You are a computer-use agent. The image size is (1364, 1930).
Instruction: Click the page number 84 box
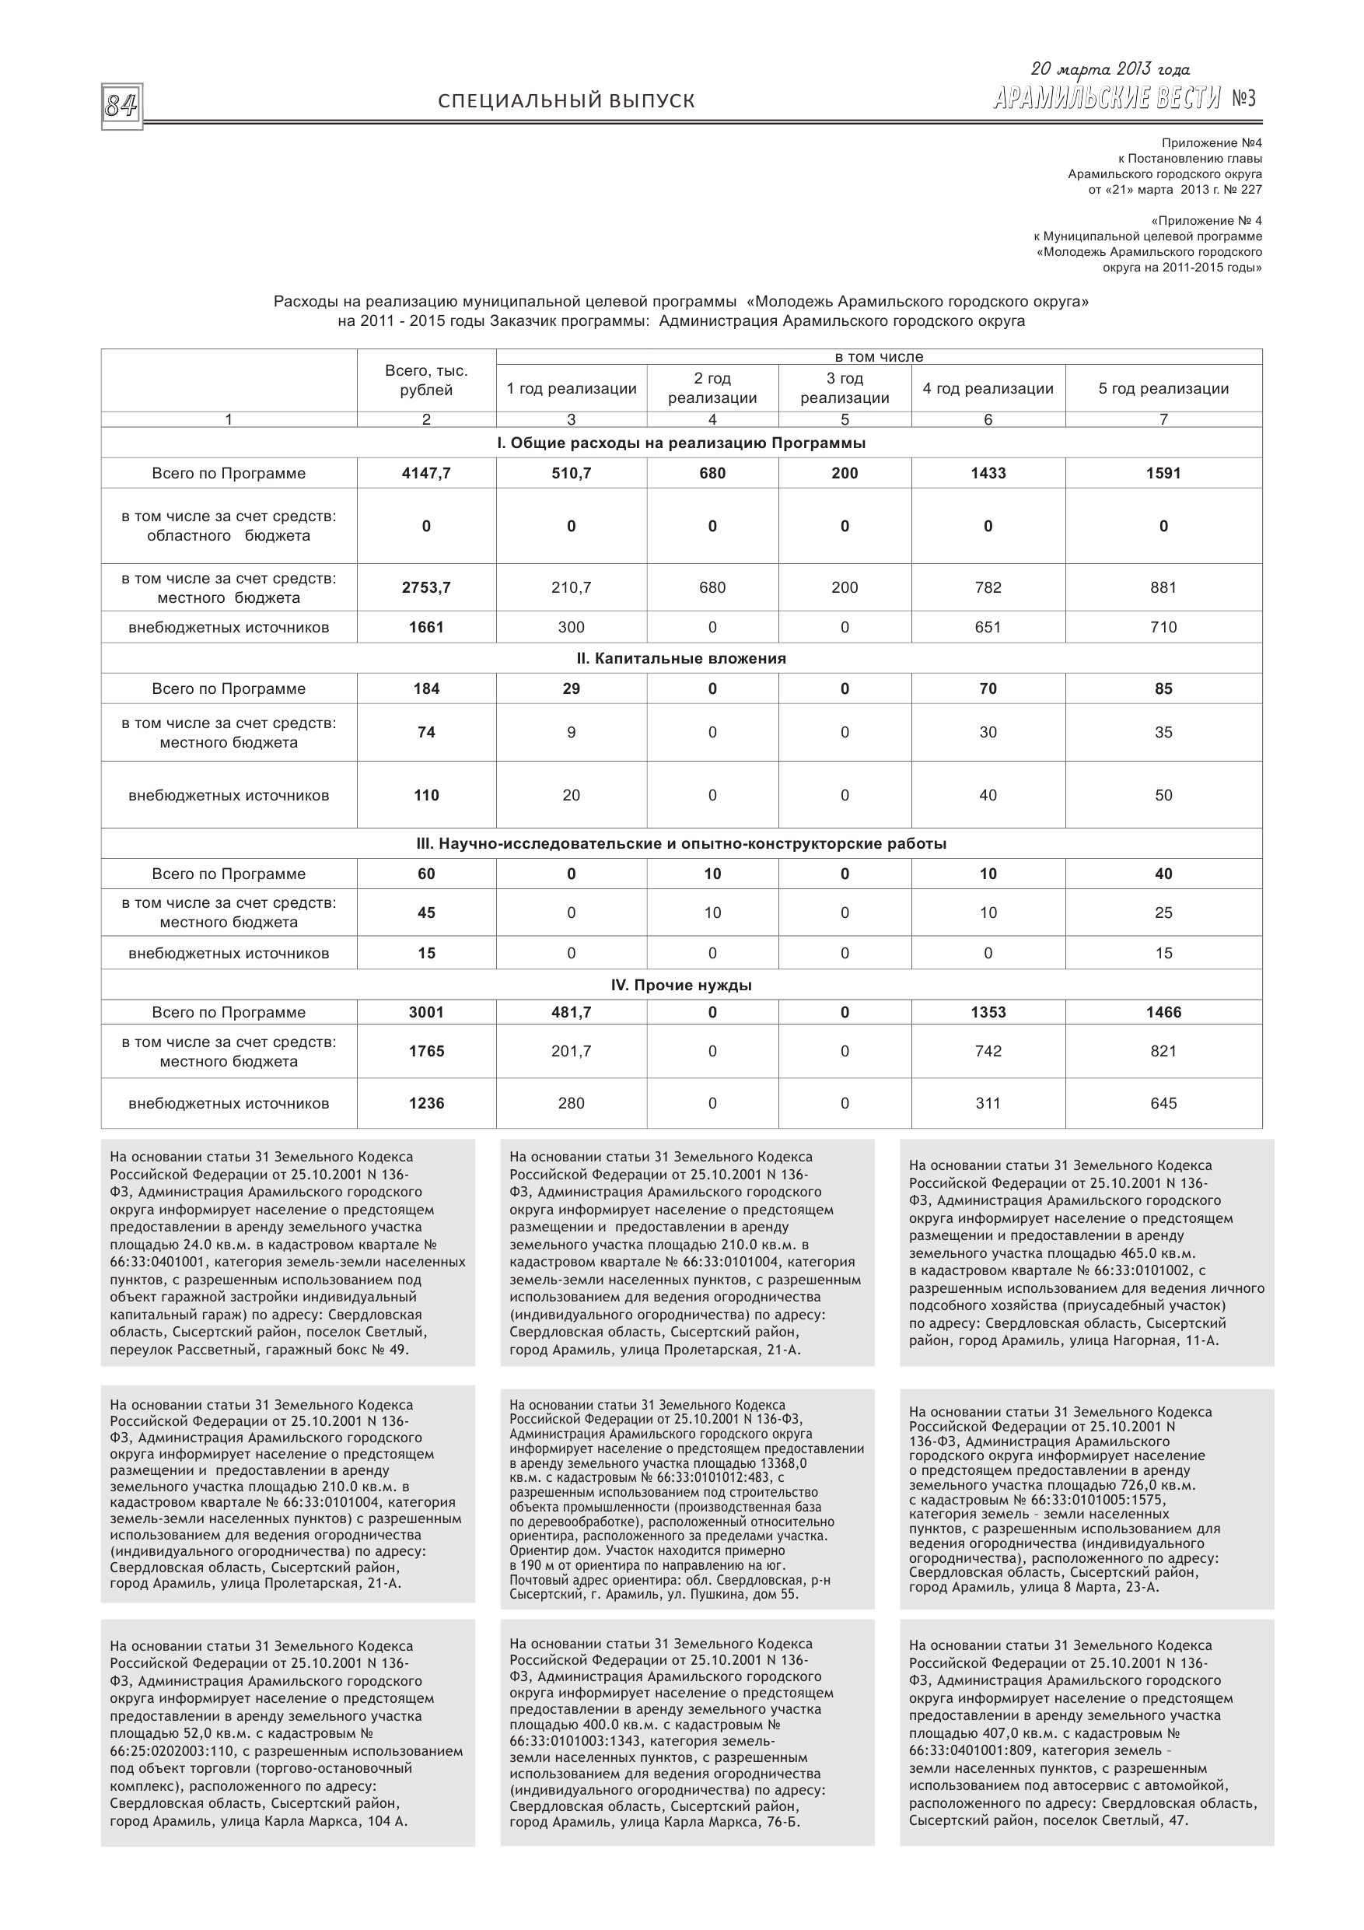point(122,107)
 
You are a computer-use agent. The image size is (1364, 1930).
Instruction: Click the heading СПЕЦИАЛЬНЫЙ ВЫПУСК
point(566,102)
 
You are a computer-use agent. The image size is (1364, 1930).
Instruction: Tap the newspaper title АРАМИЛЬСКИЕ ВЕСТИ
point(1106,100)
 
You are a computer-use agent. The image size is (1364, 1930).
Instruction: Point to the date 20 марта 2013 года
point(1110,70)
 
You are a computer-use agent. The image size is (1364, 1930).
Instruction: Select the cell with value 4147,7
point(426,473)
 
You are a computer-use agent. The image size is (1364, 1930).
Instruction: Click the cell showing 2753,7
point(426,587)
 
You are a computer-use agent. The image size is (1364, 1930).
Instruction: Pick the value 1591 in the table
point(1163,473)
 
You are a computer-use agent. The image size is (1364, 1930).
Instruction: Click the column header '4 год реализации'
point(988,388)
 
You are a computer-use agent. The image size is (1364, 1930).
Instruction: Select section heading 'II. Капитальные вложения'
point(680,658)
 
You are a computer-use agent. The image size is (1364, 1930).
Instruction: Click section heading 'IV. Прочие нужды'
point(680,985)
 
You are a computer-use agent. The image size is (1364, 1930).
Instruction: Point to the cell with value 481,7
point(571,1012)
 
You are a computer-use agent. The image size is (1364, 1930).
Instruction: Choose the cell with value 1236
point(426,1104)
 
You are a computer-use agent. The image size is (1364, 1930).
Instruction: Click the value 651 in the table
point(988,627)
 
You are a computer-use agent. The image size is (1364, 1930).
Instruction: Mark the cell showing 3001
point(426,1012)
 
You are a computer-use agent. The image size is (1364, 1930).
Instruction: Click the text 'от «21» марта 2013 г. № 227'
point(1175,190)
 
